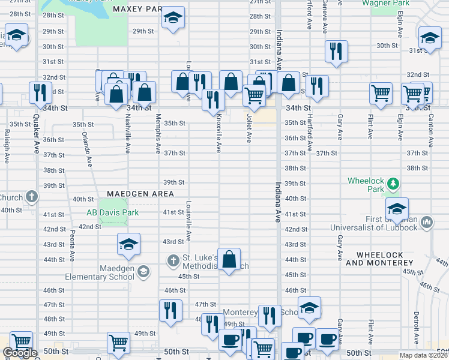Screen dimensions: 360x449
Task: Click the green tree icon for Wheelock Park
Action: (x=393, y=182)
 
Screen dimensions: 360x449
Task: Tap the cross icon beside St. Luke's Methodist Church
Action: (x=173, y=260)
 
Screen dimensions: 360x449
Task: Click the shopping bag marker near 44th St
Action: (x=229, y=260)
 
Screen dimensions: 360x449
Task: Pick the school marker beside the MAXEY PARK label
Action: (x=173, y=19)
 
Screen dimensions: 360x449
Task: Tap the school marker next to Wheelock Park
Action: (x=397, y=209)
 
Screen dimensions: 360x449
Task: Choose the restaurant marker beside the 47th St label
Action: (x=170, y=310)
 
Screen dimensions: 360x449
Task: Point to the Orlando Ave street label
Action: (x=87, y=149)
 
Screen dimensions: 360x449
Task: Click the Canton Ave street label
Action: (x=430, y=132)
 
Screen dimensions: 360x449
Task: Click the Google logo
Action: (x=20, y=353)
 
